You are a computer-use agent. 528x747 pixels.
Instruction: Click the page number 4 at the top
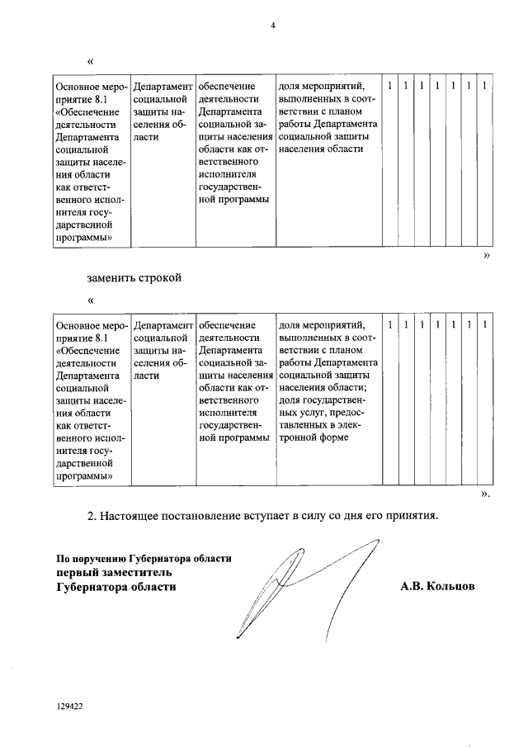click(272, 25)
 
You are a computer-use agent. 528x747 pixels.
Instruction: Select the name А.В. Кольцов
click(437, 586)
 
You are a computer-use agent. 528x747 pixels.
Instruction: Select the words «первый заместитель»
click(114, 571)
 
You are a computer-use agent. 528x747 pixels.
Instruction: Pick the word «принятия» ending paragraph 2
click(408, 516)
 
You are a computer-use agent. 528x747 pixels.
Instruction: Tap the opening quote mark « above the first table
click(90, 62)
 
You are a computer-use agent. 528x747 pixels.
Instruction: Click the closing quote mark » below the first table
click(486, 256)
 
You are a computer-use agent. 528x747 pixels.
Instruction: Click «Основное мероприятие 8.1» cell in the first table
click(90, 162)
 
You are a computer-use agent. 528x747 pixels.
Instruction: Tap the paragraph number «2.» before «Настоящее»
click(93, 516)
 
